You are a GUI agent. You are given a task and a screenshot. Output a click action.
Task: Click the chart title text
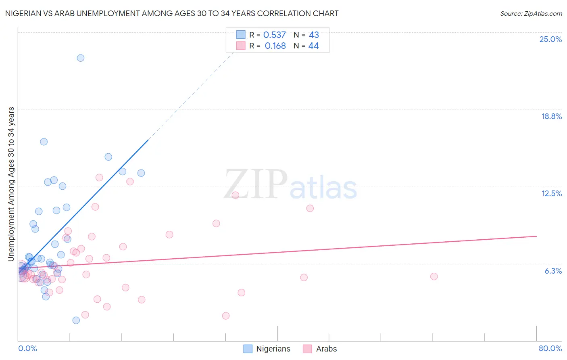(172, 13)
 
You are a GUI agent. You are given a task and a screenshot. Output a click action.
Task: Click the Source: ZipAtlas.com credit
(531, 13)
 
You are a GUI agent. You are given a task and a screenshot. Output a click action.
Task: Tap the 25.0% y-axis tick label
(550, 39)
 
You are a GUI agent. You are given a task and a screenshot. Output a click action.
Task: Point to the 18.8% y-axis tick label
(551, 116)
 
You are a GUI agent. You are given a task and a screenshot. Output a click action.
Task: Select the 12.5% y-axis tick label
(551, 193)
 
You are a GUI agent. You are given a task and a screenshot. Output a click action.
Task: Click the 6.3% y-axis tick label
(553, 271)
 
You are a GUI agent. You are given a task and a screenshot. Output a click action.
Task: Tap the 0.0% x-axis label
(27, 348)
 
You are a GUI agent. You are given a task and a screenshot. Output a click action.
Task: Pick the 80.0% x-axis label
(550, 348)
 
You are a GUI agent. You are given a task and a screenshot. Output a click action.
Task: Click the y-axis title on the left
(11, 184)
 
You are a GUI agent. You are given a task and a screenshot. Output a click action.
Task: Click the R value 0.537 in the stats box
(274, 35)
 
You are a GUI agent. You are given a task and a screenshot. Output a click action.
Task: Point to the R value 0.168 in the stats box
(275, 46)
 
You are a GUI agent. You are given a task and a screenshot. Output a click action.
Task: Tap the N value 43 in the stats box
(314, 35)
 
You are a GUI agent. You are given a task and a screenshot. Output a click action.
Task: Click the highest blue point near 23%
(81, 58)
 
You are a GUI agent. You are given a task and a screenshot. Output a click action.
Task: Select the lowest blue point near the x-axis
(76, 320)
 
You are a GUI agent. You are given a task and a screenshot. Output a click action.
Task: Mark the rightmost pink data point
(434, 276)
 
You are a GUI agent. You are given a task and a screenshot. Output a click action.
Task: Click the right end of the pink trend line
(536, 236)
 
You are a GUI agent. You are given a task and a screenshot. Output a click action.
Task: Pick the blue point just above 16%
(44, 142)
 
